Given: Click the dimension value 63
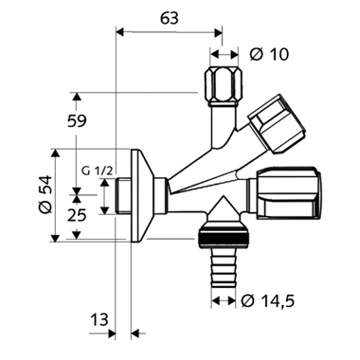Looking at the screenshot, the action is (170, 19).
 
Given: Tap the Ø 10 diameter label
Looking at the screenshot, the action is (269, 55).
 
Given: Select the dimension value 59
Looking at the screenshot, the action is (77, 120).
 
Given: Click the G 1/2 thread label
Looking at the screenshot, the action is (97, 171).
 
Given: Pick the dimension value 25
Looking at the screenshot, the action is (77, 215).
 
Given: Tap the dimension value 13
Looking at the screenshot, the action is (99, 320).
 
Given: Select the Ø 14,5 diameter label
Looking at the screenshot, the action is (267, 300).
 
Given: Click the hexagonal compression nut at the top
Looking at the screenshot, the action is (224, 87).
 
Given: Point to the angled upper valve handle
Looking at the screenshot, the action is (278, 124).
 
